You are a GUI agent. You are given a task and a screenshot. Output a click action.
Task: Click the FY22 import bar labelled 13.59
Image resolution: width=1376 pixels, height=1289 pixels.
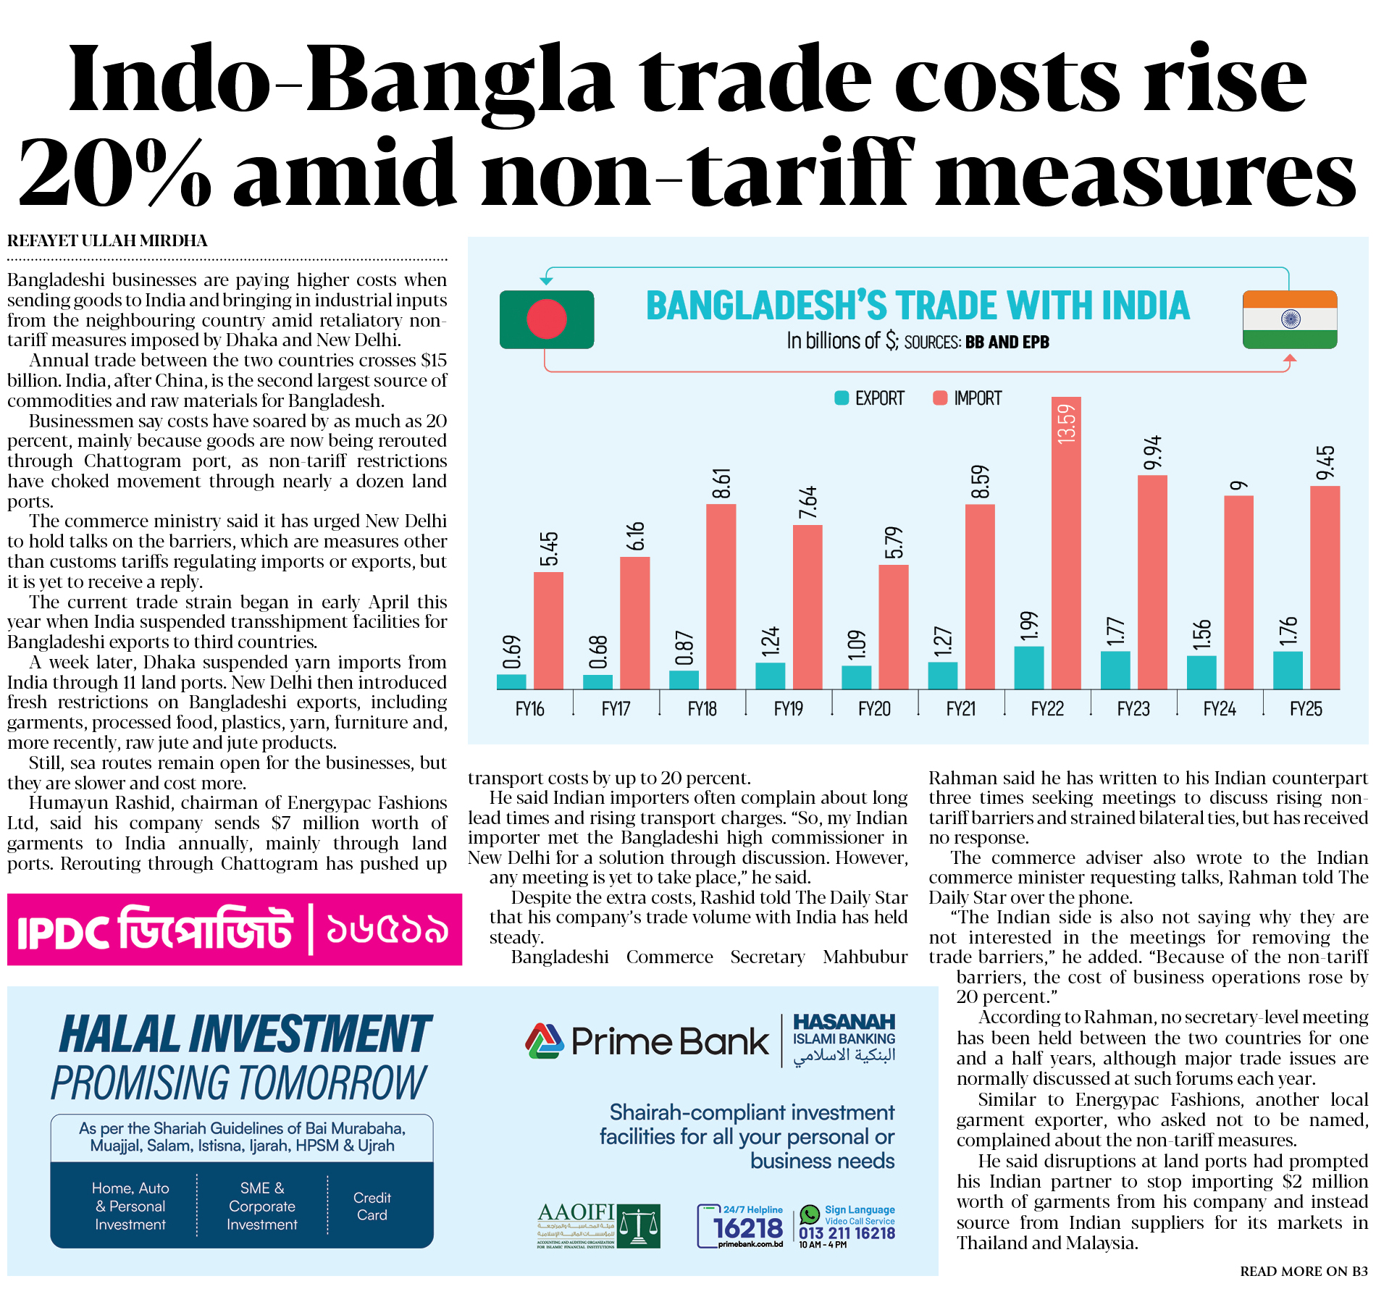coord(1066,543)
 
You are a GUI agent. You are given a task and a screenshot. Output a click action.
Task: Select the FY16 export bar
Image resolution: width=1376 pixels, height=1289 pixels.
coord(511,681)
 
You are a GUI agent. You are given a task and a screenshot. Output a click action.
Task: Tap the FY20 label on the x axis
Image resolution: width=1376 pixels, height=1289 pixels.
coord(874,709)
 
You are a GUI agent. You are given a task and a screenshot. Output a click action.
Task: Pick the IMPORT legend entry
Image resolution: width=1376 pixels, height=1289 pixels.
coord(968,398)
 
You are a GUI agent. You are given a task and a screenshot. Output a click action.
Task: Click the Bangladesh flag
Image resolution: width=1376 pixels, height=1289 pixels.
coord(547,319)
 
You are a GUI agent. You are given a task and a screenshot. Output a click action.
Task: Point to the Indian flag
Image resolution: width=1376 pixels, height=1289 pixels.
coord(1290,319)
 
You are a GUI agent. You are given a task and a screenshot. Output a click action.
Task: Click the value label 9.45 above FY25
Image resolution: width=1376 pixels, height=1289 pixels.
coord(1325,463)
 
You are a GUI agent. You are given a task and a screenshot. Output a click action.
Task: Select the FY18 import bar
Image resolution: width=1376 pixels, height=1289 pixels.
coord(721,596)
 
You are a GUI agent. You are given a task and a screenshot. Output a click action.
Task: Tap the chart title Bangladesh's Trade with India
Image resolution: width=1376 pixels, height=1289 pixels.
coord(918,306)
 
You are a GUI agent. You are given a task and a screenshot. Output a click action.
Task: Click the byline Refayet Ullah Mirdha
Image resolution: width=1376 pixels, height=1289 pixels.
coord(107,241)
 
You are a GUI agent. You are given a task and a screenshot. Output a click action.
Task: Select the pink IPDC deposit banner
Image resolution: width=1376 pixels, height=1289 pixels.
coord(235,930)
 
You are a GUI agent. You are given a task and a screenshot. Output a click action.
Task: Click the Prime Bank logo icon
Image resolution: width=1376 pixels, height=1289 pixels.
coord(545,1041)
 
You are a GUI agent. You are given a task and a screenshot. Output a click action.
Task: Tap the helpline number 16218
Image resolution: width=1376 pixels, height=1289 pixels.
coord(747,1228)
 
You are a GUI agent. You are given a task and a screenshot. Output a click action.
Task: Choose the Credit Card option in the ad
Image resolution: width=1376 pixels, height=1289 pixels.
coord(372,1206)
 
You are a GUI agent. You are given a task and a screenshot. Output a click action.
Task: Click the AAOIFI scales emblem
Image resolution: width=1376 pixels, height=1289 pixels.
coord(638,1225)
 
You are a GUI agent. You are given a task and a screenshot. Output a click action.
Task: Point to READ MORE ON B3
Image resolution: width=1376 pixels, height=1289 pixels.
coord(1304,1272)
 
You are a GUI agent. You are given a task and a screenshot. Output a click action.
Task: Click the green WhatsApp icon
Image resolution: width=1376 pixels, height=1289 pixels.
coord(810,1214)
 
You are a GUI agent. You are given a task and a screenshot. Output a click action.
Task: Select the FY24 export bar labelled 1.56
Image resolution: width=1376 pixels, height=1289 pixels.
coord(1201,672)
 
